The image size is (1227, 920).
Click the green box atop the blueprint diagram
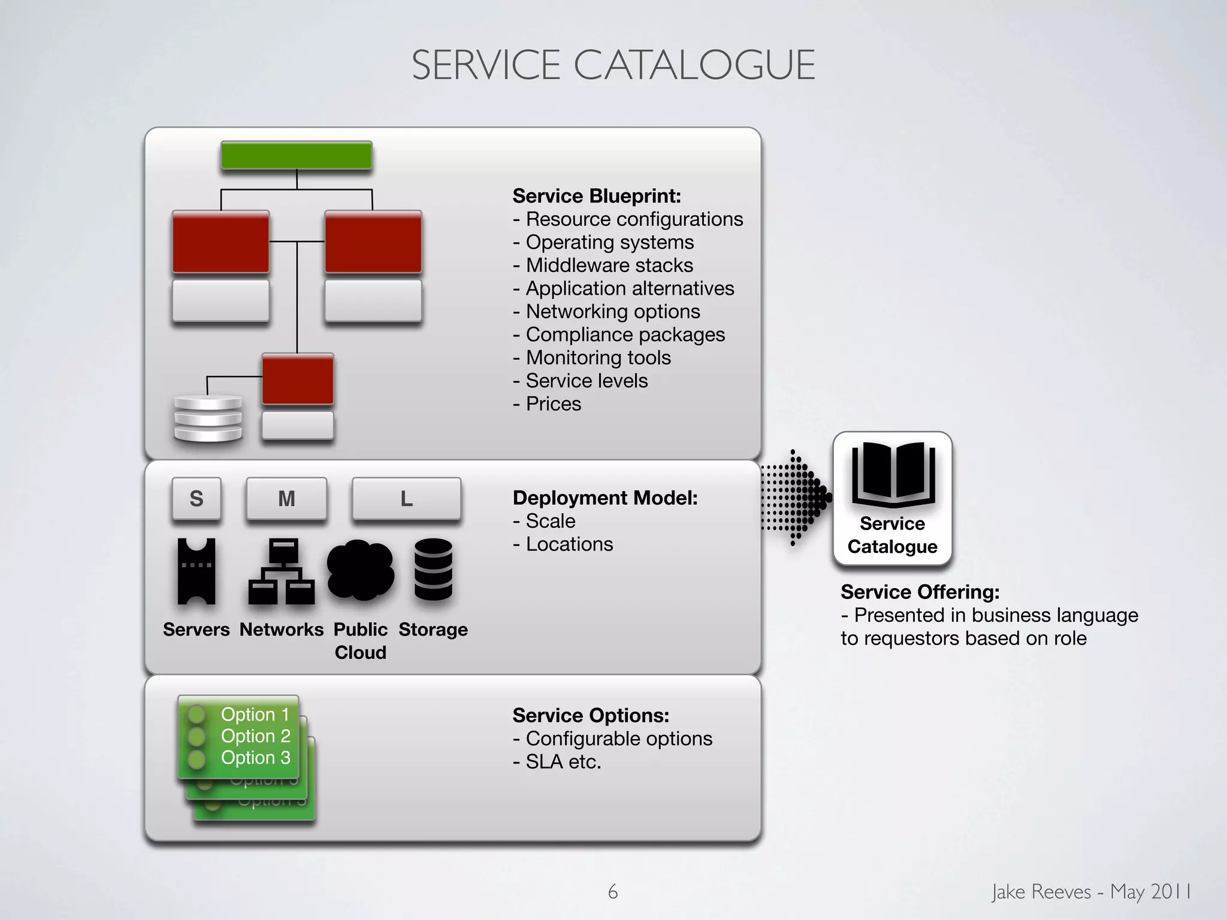[x=297, y=155]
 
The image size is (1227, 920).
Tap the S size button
[x=197, y=498]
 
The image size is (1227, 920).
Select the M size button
[x=286, y=498]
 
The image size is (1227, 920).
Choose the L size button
[x=406, y=498]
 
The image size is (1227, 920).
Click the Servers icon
[x=197, y=571]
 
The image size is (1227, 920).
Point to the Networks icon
[x=282, y=571]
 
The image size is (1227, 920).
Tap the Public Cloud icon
[x=360, y=570]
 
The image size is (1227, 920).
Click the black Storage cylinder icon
[x=433, y=569]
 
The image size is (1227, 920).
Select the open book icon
[x=893, y=473]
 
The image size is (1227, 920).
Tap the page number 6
[x=612, y=892]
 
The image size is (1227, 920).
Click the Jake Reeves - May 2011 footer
[x=1091, y=892]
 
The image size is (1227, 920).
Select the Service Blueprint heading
[x=597, y=196]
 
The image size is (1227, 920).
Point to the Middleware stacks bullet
[x=603, y=265]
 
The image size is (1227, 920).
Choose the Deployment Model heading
[x=605, y=498]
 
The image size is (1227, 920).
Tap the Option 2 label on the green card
[x=255, y=736]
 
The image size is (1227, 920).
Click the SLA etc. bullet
[x=557, y=762]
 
